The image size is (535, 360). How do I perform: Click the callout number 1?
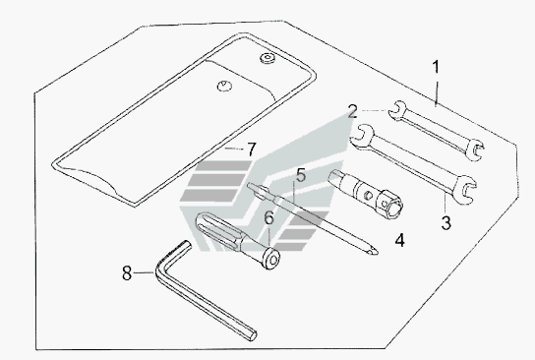[436, 67]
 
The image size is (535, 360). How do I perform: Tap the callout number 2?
[353, 111]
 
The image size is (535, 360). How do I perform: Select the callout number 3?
[446, 223]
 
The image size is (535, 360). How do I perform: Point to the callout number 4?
[399, 240]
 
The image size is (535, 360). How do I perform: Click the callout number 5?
[301, 175]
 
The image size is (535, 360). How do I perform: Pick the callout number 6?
[269, 218]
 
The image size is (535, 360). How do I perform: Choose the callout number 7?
[251, 150]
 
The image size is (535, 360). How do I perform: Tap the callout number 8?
[127, 273]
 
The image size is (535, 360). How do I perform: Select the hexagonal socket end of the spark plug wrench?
[389, 204]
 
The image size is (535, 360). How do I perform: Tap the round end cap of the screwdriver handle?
[272, 260]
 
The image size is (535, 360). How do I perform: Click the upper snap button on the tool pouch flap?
[267, 58]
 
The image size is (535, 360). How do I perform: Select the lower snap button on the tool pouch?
[224, 86]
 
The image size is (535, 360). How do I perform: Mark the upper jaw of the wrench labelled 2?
[397, 110]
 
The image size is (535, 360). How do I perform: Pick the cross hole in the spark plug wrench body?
[368, 195]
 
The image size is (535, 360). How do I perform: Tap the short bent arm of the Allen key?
[173, 254]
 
